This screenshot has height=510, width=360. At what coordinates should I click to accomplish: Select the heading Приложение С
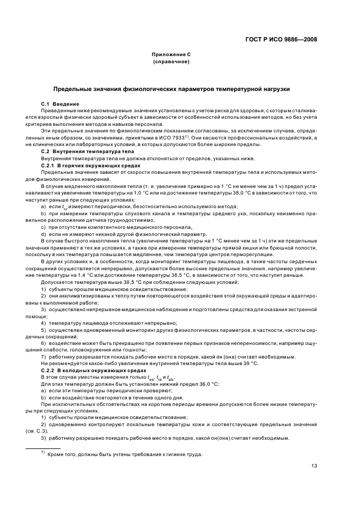click(171, 55)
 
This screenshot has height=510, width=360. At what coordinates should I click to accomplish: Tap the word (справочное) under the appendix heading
click(171, 62)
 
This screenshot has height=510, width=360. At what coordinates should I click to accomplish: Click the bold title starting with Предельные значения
click(171, 88)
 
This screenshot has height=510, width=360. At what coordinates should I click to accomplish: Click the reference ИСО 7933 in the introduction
click(193, 138)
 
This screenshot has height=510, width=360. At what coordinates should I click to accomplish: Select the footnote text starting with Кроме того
click(125, 454)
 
